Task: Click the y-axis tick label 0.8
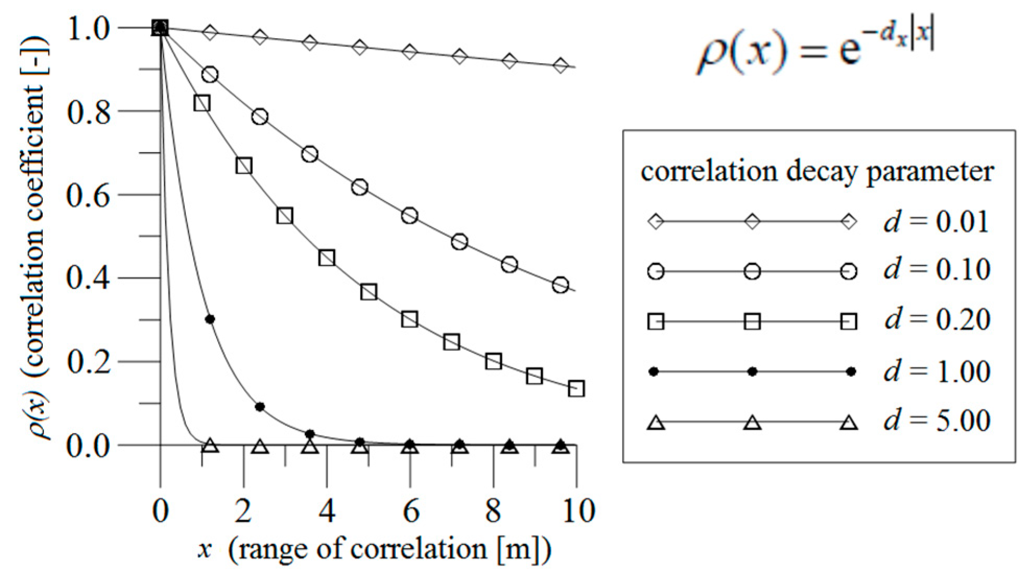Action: [89, 111]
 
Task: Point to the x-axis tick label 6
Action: [411, 510]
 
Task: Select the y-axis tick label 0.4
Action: [89, 278]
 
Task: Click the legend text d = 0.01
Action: [936, 222]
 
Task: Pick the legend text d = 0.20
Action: [937, 320]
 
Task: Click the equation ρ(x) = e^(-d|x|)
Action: [814, 50]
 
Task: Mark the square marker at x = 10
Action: [576, 389]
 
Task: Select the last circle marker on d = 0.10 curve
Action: [560, 285]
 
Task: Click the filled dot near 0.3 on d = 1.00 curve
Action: [210, 319]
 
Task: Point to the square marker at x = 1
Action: [202, 103]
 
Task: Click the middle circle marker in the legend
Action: [752, 272]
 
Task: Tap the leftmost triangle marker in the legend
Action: [656, 422]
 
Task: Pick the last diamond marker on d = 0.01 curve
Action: [560, 66]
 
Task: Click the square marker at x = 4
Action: [327, 257]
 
